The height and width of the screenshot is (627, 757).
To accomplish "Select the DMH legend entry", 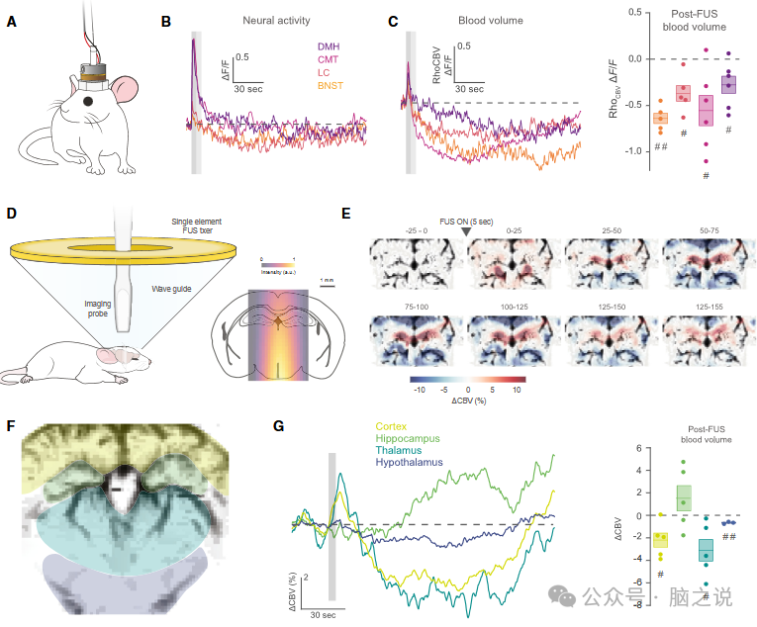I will point(330,46).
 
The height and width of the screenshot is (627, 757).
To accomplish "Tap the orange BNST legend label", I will point(331,88).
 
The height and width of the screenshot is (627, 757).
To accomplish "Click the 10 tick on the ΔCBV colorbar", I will point(517,390).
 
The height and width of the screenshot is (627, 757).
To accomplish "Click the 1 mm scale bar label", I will point(327,281).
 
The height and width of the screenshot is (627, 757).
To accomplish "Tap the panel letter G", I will point(280,427).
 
